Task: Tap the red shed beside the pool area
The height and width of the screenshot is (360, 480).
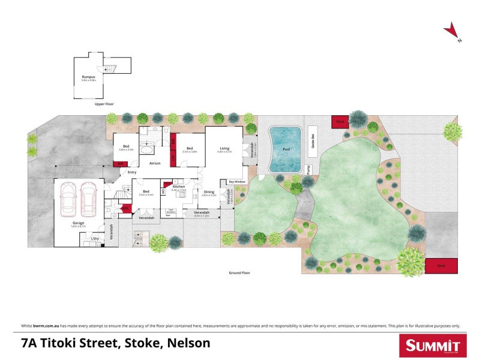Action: [x=339, y=122]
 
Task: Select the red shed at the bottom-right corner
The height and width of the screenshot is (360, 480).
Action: [x=441, y=266]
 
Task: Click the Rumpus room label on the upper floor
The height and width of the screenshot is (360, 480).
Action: [x=88, y=77]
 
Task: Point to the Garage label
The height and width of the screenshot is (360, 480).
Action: [x=79, y=223]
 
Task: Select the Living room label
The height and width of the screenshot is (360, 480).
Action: [x=224, y=148]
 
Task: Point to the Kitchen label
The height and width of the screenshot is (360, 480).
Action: [x=179, y=187]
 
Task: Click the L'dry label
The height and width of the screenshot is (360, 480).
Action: [x=94, y=239]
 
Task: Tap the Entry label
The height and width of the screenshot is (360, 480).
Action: [x=132, y=173]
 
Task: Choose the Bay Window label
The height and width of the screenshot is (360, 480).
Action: [x=238, y=181]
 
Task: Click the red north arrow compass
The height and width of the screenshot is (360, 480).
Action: [x=451, y=31]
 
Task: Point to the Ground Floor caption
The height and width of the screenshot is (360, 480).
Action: [x=239, y=272]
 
